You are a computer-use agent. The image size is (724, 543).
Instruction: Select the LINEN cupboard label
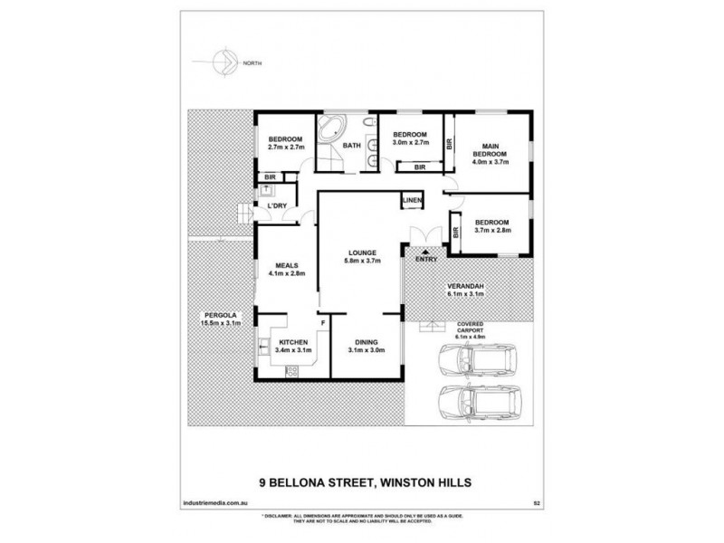[413, 199]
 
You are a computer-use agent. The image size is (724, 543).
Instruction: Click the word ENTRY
[425, 261]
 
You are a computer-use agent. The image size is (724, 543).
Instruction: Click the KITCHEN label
[281, 341]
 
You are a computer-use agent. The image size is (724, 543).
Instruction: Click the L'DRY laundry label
[277, 206]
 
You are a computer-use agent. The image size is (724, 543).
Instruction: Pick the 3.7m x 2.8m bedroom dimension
[492, 230]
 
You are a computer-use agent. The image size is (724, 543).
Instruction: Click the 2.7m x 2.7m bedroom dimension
[284, 146]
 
